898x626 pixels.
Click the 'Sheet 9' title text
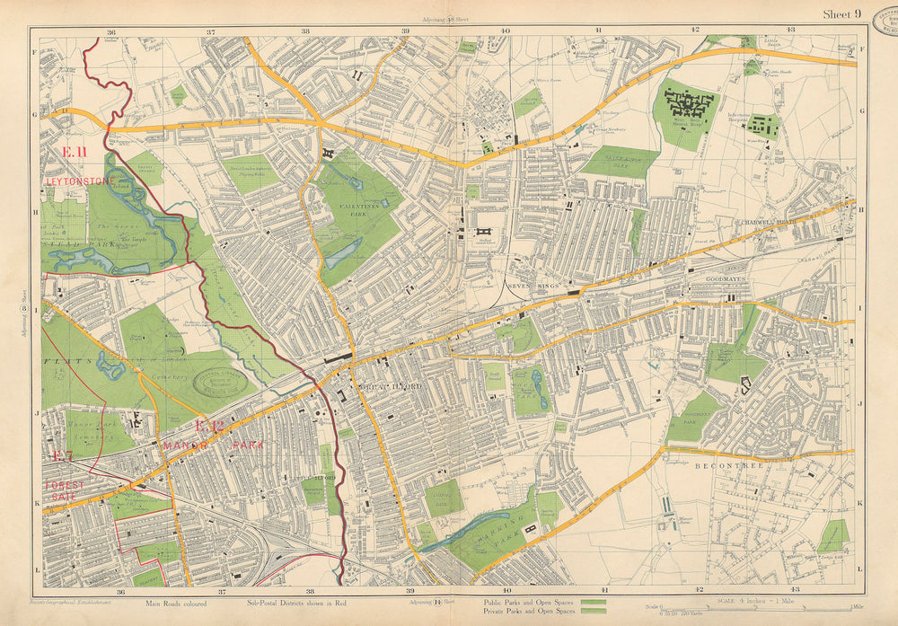pyautogui.click(x=841, y=13)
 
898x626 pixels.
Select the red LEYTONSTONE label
pyautogui.click(x=80, y=181)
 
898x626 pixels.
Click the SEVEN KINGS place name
pyautogui.click(x=527, y=287)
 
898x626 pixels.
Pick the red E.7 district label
pyautogui.click(x=62, y=456)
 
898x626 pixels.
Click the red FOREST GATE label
pyautogui.click(x=65, y=490)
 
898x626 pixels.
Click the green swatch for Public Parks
pyautogui.click(x=594, y=602)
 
